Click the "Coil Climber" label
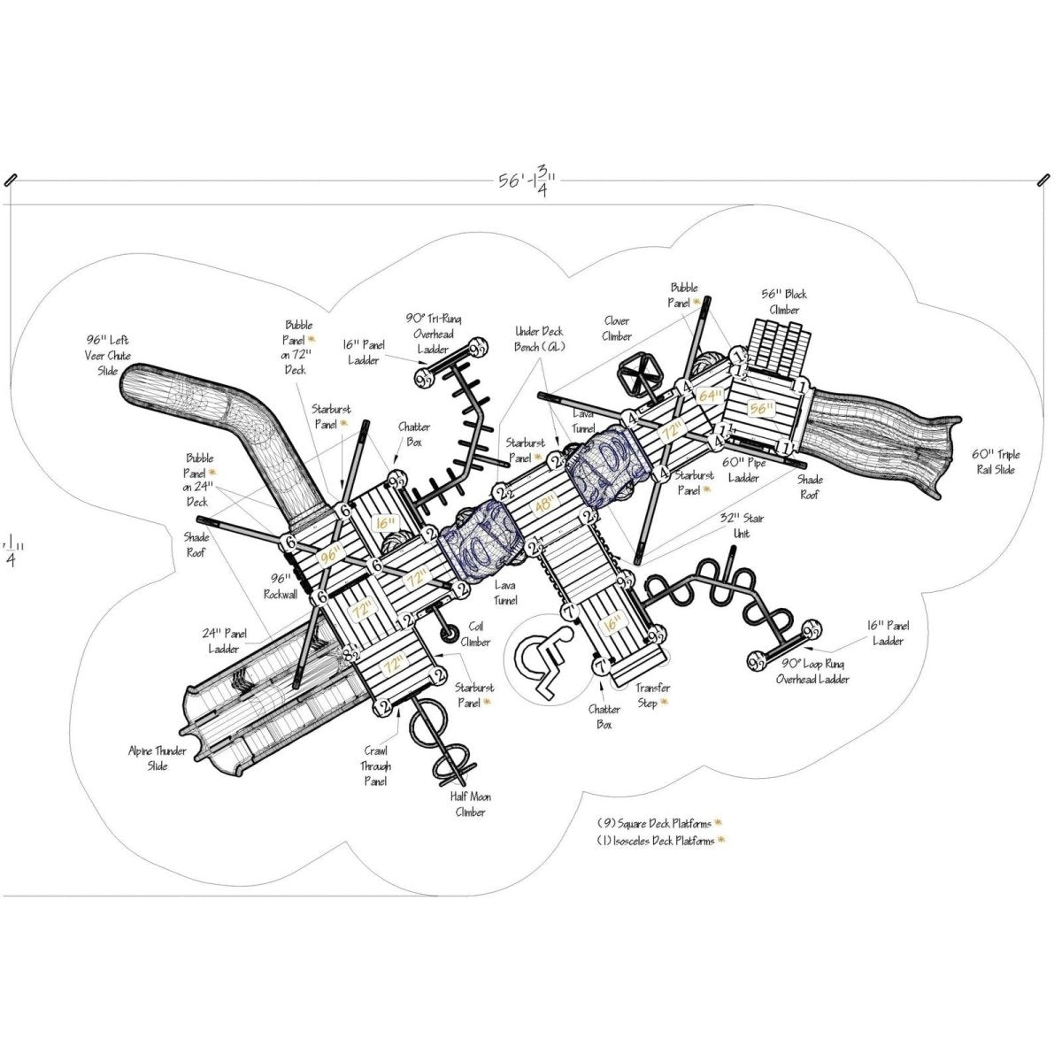(x=475, y=635)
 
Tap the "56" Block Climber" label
(x=783, y=302)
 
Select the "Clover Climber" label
(x=617, y=329)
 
